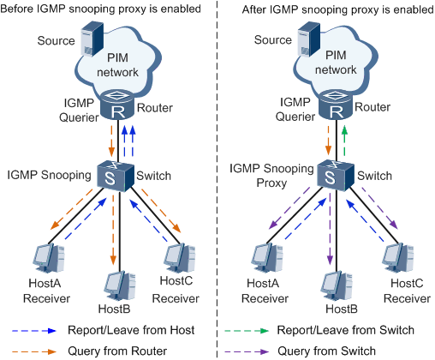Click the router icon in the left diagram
click(x=117, y=105)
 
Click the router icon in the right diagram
click(x=336, y=105)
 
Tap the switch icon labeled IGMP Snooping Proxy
click(x=336, y=176)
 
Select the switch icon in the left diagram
click(x=116, y=176)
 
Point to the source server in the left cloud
click(x=92, y=39)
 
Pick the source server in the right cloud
click(x=308, y=39)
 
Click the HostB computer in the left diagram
click(x=120, y=287)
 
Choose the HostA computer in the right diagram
click(x=267, y=259)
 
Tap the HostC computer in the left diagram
click(x=180, y=259)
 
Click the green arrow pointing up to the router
click(x=344, y=141)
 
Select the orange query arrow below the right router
click(x=328, y=141)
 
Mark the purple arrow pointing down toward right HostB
click(x=330, y=230)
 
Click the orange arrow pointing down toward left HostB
click(x=113, y=230)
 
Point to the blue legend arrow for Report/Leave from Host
click(x=34, y=331)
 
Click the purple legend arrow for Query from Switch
click(x=247, y=351)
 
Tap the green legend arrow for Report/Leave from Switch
click(x=247, y=331)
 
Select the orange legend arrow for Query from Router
click(x=34, y=351)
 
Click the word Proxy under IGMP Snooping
click(x=271, y=183)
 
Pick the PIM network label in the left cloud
click(x=117, y=65)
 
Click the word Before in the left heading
click(x=17, y=9)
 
